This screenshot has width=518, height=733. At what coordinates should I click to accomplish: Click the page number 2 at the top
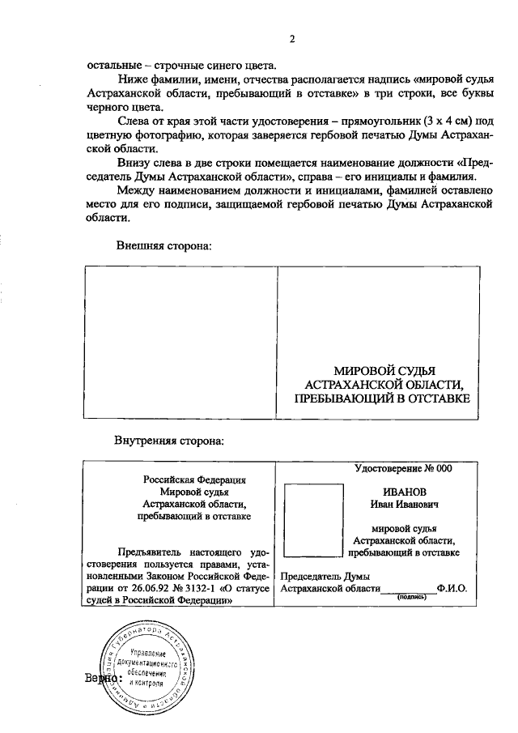tap(292, 38)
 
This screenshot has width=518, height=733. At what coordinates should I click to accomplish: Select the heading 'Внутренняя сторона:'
tap(169, 441)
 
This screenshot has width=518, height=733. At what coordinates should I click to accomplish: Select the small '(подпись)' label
tap(411, 597)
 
